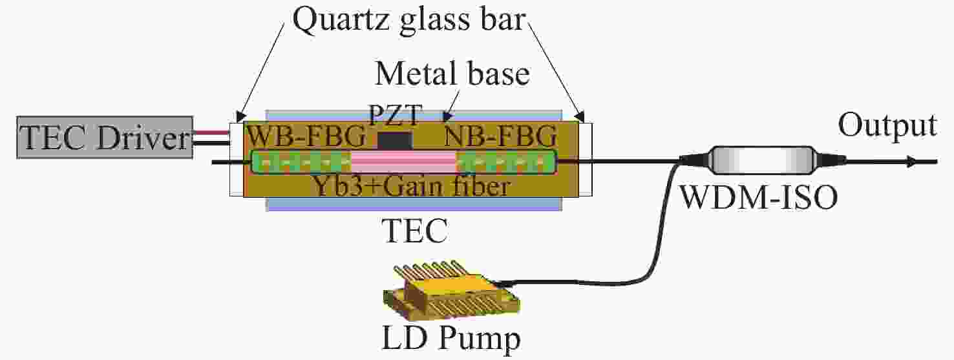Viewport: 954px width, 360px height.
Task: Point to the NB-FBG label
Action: coord(498,136)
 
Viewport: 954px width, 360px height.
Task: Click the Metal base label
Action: coord(452,74)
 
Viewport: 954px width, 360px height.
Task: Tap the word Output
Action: coord(887,125)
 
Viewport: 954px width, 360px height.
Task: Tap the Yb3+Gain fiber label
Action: coord(410,186)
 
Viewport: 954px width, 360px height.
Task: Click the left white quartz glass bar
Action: coord(235,159)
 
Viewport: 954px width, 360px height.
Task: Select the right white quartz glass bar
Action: coord(586,159)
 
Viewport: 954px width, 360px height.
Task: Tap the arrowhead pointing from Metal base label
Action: coord(444,118)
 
